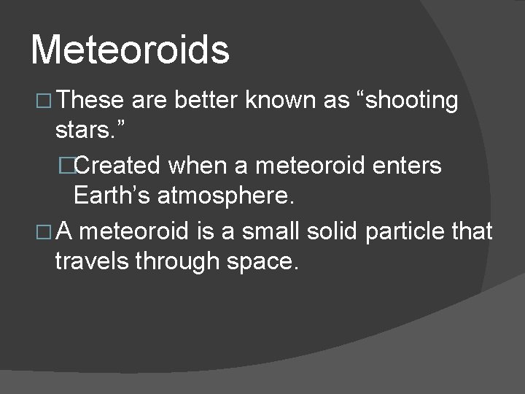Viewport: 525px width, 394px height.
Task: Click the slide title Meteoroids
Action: coord(131,50)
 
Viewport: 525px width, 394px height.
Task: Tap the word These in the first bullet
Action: coord(93,101)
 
